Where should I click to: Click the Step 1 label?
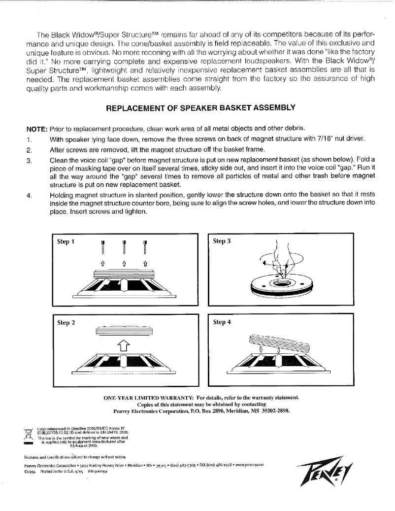[x=65, y=241]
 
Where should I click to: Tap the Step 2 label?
[x=66, y=323]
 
